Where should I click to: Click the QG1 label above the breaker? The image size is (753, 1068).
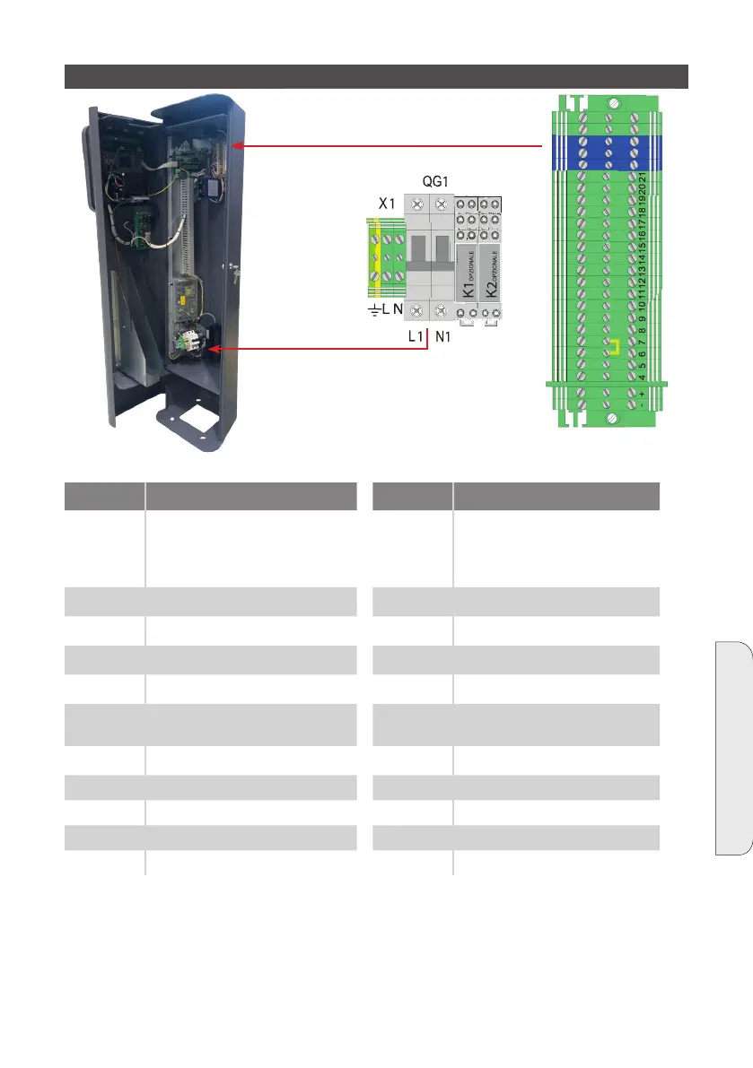tap(436, 180)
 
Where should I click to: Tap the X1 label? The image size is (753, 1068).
tap(387, 204)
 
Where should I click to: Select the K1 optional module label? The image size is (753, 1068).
tap(467, 277)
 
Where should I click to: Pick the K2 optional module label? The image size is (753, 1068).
tap(490, 277)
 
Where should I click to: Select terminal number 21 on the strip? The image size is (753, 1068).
tap(643, 179)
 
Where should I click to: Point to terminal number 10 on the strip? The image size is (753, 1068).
tap(643, 304)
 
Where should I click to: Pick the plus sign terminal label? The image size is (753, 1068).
tap(643, 394)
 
